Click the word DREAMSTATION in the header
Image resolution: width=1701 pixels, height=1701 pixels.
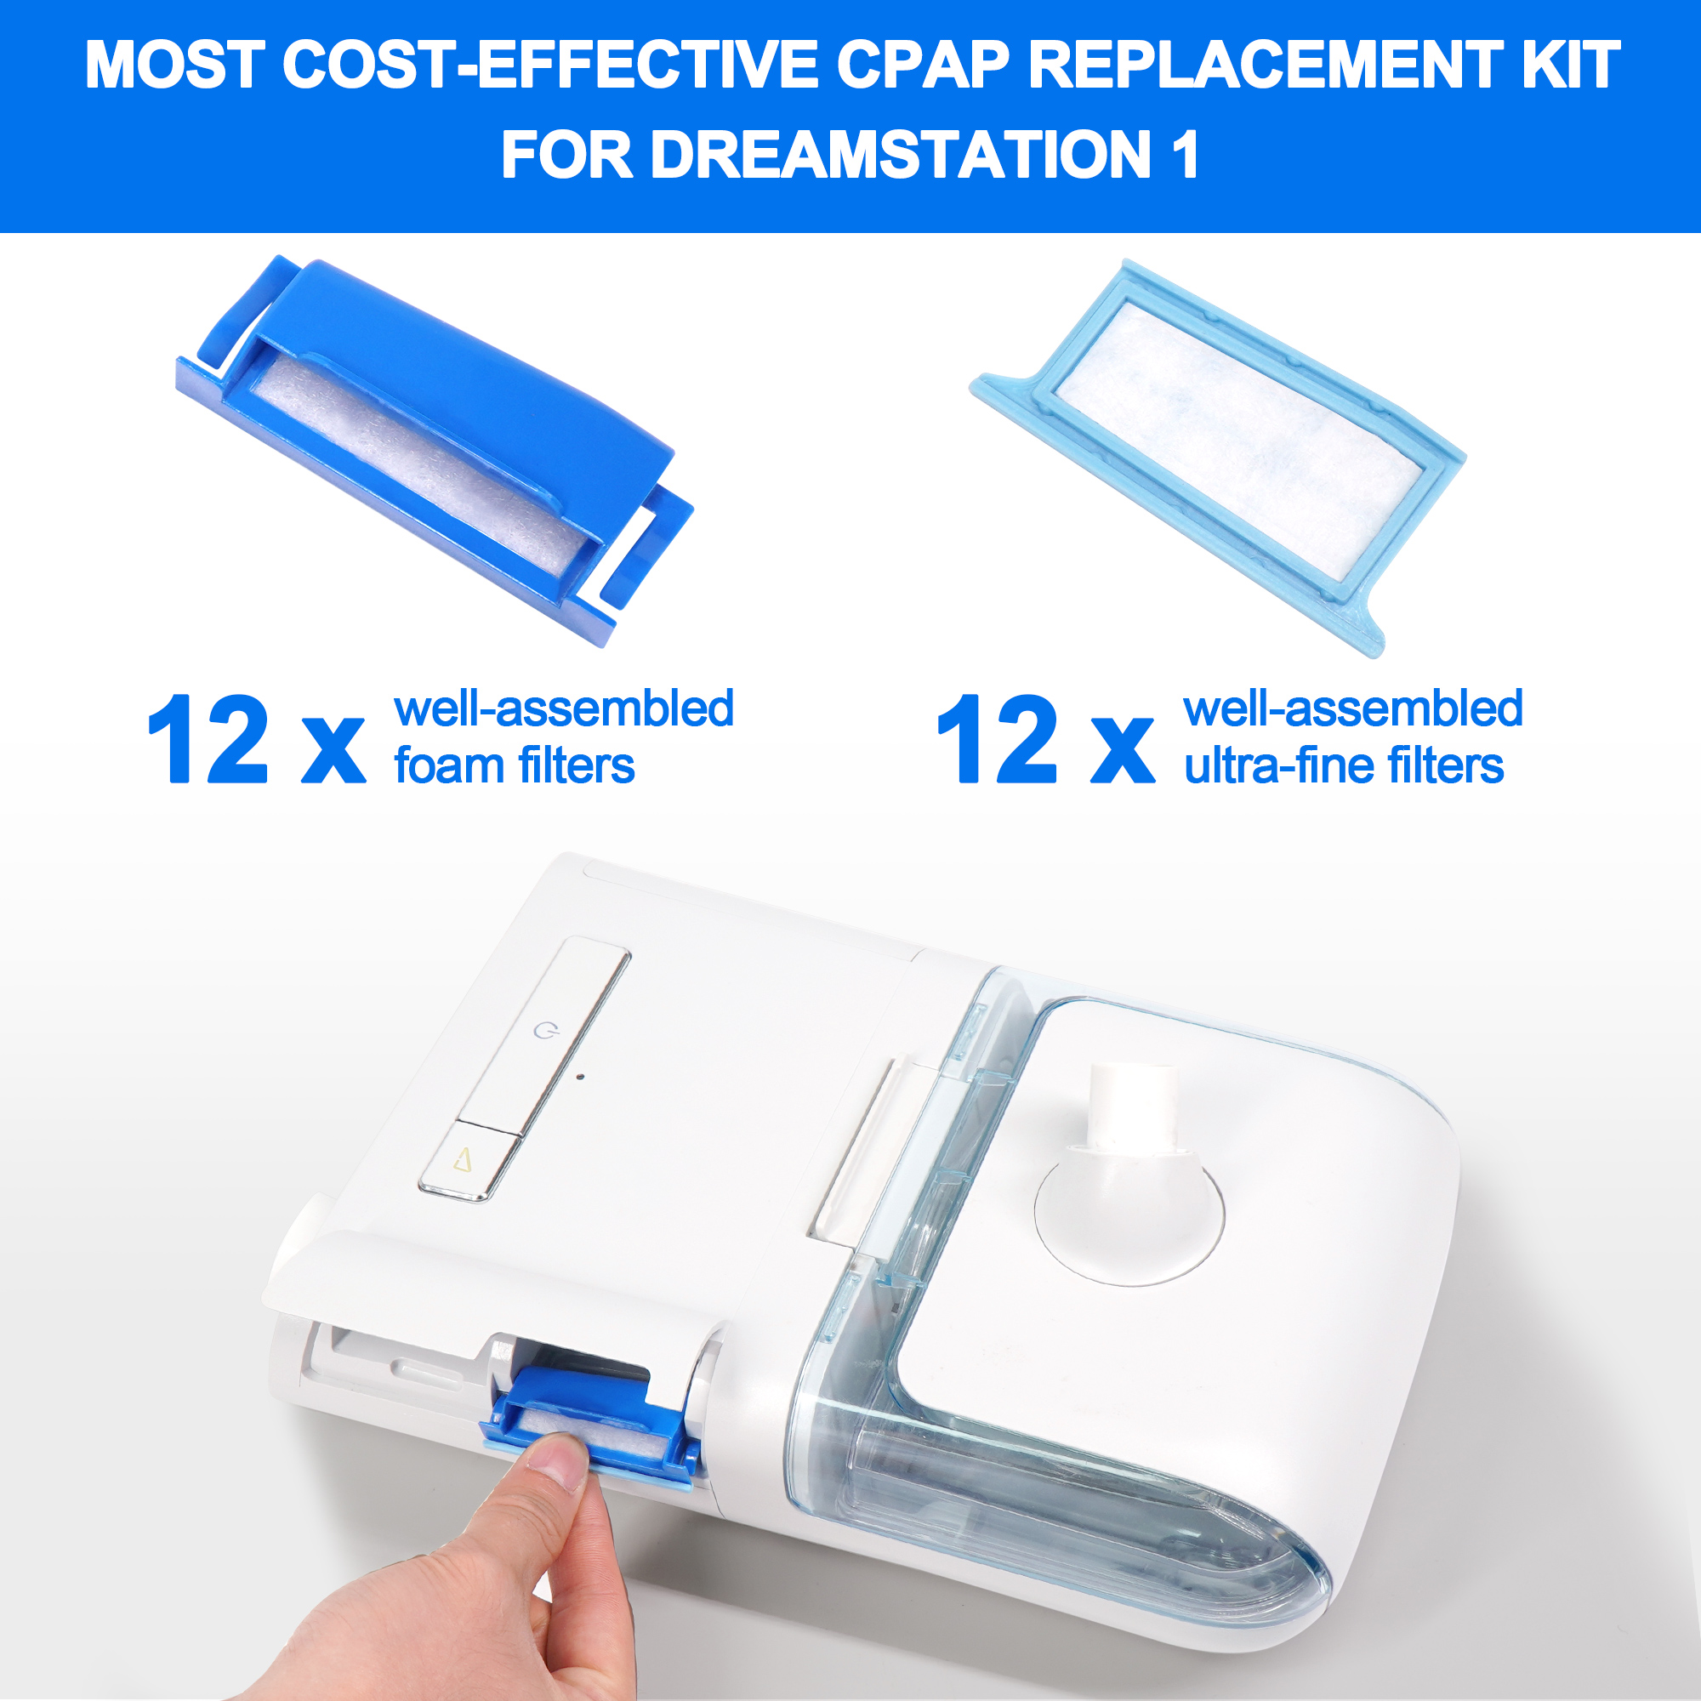click(900, 155)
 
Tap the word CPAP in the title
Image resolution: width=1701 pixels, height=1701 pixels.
click(922, 65)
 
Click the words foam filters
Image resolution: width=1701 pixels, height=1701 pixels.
click(515, 765)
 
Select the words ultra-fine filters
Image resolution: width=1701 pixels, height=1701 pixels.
click(1344, 765)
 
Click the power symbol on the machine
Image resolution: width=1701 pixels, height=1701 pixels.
click(546, 1029)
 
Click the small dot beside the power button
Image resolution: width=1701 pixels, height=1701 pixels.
click(579, 1076)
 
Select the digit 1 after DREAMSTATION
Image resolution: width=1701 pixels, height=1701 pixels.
click(1184, 155)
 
